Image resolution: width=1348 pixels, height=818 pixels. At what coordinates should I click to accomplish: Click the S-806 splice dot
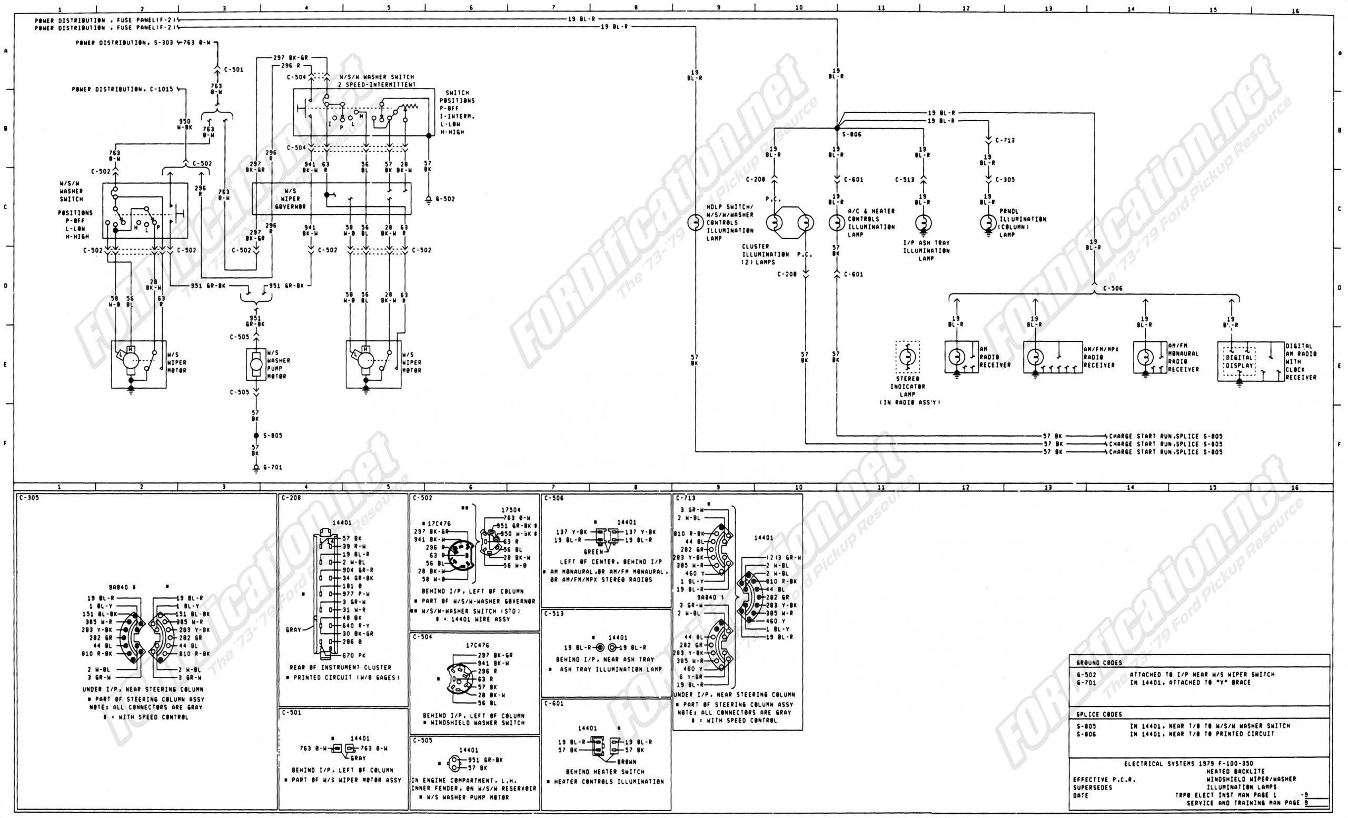pyautogui.click(x=837, y=128)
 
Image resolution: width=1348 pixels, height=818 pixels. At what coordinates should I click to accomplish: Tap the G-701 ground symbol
pyautogui.click(x=255, y=468)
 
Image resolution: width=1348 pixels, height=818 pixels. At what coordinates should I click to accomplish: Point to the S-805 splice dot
pyautogui.click(x=255, y=436)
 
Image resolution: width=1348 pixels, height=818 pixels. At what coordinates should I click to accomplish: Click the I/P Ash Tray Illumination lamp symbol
pyautogui.click(x=923, y=223)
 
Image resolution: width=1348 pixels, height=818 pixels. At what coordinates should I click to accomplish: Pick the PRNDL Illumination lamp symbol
pyautogui.click(x=988, y=223)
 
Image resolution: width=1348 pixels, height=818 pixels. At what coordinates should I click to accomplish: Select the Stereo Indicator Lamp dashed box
pyautogui.click(x=907, y=357)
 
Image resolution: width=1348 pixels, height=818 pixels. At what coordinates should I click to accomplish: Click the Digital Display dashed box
pyautogui.click(x=1238, y=362)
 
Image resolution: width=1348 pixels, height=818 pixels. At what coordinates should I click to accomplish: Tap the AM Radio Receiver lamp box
pyautogui.click(x=961, y=357)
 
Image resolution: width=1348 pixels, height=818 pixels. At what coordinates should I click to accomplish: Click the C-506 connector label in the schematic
pyautogui.click(x=1113, y=288)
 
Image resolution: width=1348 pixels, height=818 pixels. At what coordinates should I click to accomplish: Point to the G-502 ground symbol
pyautogui.click(x=429, y=201)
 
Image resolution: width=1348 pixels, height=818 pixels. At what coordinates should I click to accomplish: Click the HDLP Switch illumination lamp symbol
pyautogui.click(x=696, y=223)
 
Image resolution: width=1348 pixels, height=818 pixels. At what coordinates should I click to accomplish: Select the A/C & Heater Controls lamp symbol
pyautogui.click(x=836, y=223)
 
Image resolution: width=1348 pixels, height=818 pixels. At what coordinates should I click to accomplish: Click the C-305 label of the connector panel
pyautogui.click(x=28, y=498)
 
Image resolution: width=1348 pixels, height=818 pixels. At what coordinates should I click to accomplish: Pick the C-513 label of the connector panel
pyautogui.click(x=553, y=614)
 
